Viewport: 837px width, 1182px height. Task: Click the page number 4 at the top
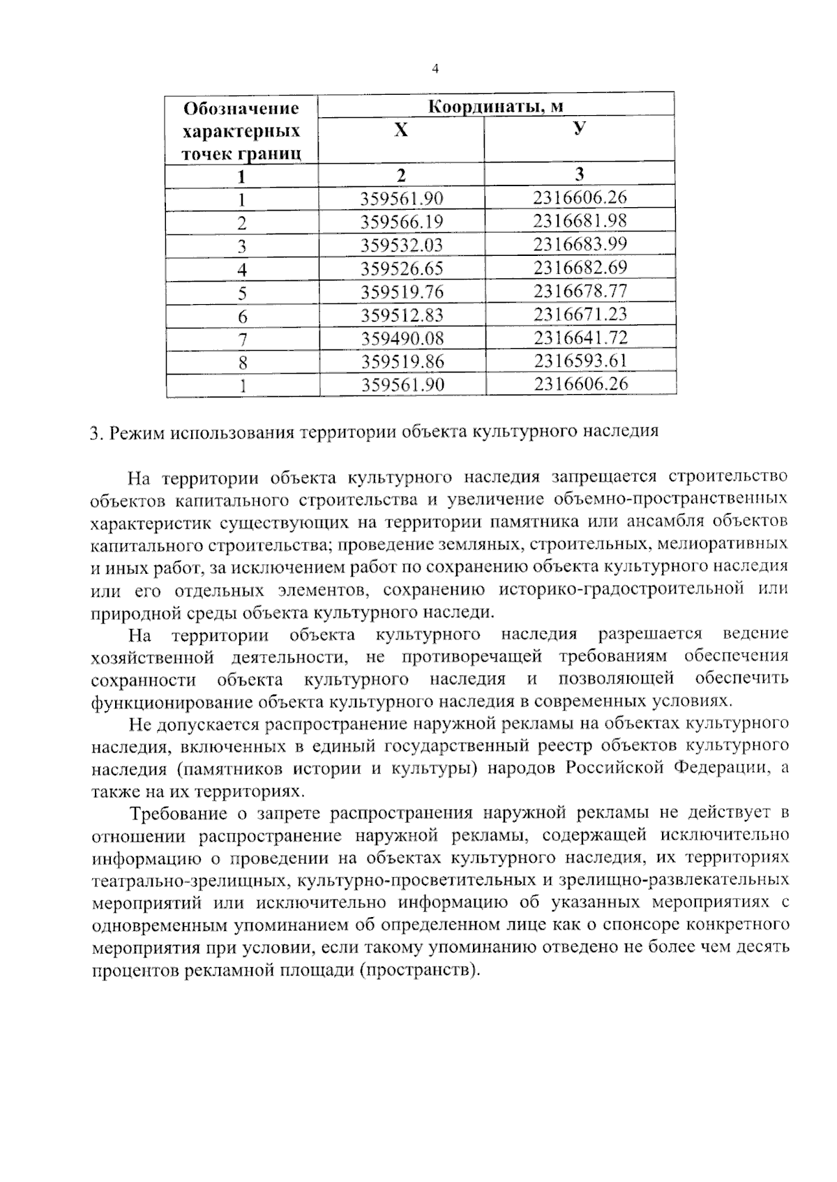click(435, 68)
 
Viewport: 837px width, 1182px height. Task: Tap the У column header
click(579, 129)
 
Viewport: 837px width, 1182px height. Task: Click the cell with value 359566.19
click(402, 222)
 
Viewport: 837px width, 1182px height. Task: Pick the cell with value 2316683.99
click(580, 244)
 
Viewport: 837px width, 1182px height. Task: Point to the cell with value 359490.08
click(402, 338)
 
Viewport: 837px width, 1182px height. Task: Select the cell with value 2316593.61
click(580, 361)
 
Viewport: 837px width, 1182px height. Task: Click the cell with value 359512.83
click(402, 315)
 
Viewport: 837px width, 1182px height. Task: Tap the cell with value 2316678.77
click(580, 291)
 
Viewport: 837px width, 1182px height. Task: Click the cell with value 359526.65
click(402, 268)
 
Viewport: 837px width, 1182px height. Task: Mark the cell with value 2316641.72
click(580, 338)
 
